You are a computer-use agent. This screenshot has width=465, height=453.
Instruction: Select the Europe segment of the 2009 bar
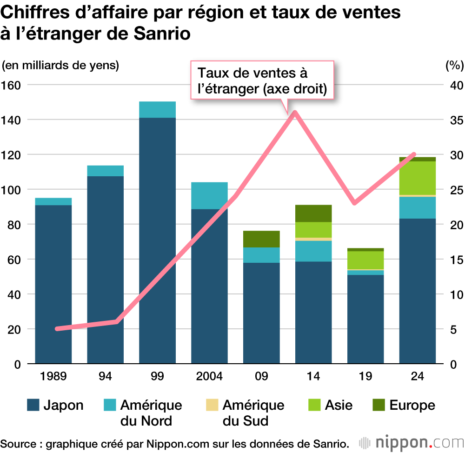click(261, 239)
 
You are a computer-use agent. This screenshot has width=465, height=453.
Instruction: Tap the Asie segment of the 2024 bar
click(418, 178)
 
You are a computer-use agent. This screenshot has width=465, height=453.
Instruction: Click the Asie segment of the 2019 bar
click(365, 260)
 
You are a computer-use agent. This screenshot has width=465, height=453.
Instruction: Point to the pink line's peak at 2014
click(295, 113)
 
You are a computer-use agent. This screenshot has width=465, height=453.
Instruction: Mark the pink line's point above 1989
click(57, 328)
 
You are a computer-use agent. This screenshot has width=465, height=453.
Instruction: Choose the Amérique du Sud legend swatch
click(212, 405)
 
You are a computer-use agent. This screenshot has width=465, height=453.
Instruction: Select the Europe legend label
click(412, 405)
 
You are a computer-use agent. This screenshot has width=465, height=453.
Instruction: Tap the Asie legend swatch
click(314, 405)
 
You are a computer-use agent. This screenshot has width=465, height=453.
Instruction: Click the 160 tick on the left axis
click(13, 85)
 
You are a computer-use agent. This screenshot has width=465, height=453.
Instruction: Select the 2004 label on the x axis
click(209, 376)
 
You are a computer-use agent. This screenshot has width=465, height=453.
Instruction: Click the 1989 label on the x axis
click(53, 376)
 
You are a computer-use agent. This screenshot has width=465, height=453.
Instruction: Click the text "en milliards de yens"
click(60, 65)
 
